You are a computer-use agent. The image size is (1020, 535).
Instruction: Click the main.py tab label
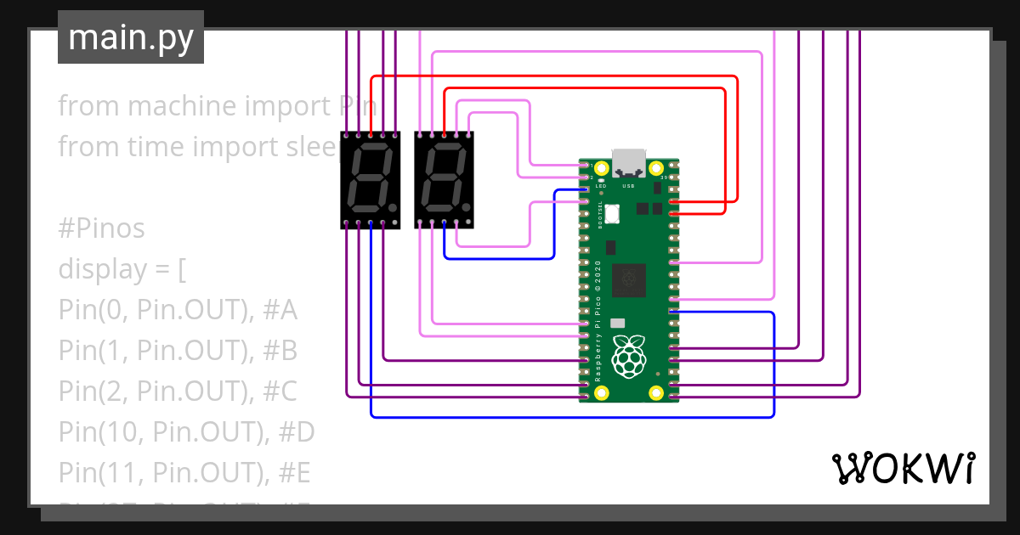(x=130, y=37)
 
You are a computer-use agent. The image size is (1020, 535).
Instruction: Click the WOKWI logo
(x=902, y=468)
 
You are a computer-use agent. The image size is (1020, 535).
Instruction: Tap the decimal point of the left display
(x=392, y=206)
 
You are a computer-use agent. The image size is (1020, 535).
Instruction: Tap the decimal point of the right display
(x=466, y=206)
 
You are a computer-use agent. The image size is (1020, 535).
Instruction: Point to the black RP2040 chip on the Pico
(x=629, y=280)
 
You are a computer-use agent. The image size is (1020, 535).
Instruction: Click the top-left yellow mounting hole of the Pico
(x=602, y=168)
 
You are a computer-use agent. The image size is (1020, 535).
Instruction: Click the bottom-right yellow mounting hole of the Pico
(x=656, y=392)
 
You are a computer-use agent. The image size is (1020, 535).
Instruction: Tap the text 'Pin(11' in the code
(x=92, y=473)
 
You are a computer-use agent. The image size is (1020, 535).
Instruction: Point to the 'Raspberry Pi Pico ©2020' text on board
(x=598, y=319)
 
